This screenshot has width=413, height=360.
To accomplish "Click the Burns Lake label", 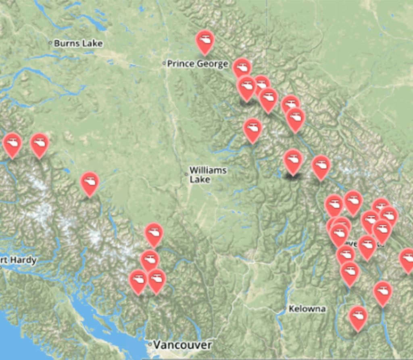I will click(78, 43).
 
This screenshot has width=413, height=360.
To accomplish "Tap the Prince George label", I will click(198, 64).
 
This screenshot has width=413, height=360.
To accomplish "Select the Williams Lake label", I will click(207, 175).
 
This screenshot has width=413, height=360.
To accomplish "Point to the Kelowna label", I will click(307, 309).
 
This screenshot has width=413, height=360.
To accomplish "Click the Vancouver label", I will click(183, 345).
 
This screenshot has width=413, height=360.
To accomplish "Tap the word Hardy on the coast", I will click(19, 260).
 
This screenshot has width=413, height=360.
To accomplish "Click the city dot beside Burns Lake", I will click(50, 42).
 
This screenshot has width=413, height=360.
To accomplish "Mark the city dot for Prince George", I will click(164, 63).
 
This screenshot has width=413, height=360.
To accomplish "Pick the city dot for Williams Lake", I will click(186, 174).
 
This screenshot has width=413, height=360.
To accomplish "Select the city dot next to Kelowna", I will click(285, 309).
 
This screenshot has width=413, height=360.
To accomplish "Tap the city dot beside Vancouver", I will click(150, 345).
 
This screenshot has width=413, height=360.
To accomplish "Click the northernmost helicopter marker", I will click(205, 40).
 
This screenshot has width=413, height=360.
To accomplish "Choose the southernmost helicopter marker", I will click(357, 316).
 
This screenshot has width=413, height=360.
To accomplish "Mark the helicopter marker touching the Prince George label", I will click(242, 68).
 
